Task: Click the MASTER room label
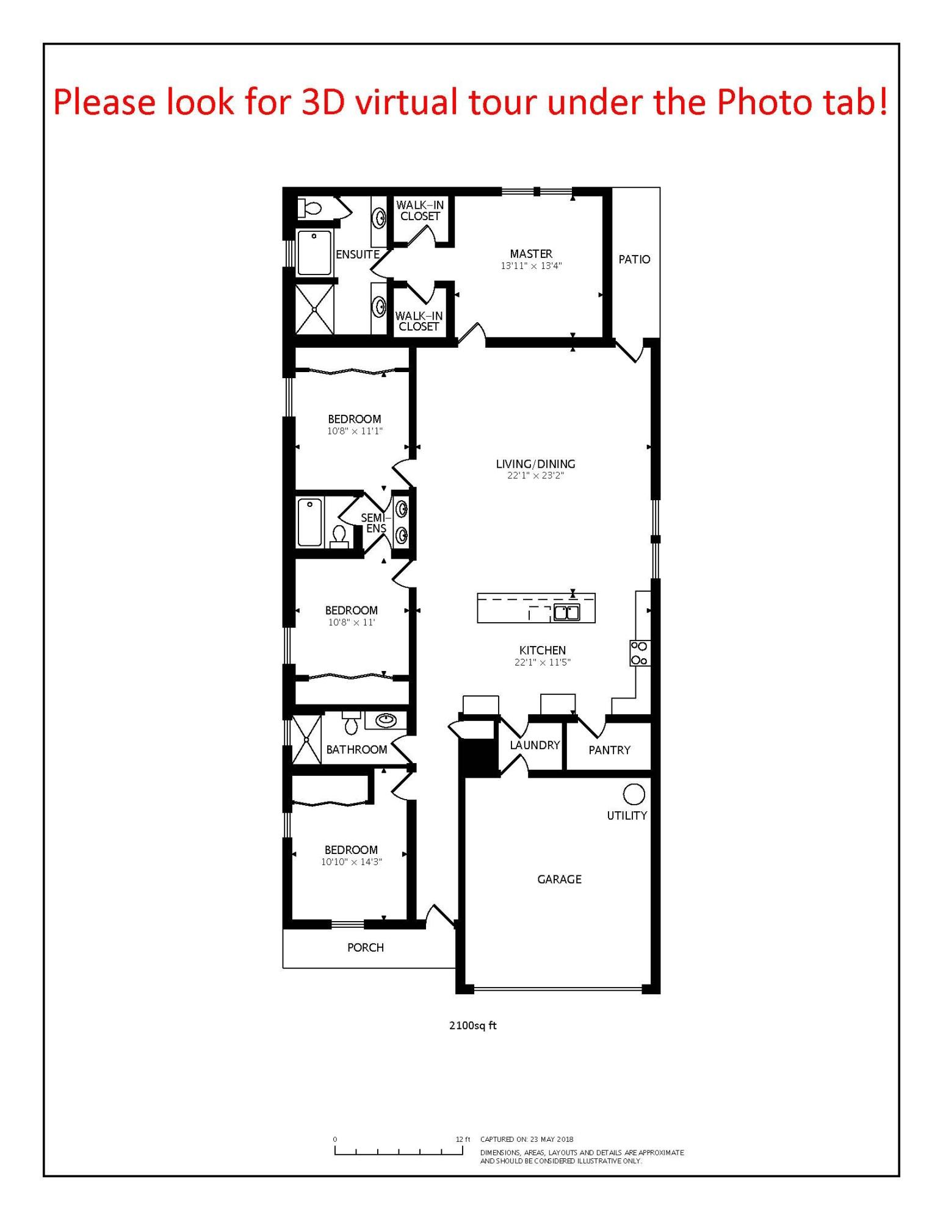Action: pos(531,254)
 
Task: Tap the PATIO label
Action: pos(634,259)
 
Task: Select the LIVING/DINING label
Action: pos(535,464)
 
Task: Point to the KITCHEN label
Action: pos(542,650)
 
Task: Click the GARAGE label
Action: pos(559,879)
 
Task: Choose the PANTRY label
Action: pos(609,750)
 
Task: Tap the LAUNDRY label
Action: pos(535,745)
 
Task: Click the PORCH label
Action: pos(366,947)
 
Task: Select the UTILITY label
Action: pos(627,816)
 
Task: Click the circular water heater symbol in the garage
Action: pos(634,794)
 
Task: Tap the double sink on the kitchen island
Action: pos(566,612)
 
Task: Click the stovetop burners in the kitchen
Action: pos(640,653)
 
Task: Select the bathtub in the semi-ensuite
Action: pos(309,522)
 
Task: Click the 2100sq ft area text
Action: pos(473,1025)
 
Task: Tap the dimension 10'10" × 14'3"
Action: pos(352,862)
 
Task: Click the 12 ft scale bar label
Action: pos(463,1139)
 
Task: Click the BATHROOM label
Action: pos(356,750)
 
